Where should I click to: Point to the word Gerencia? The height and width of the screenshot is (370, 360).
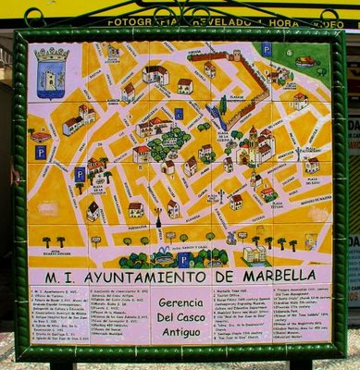(x=180, y=302)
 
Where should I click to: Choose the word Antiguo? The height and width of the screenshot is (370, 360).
(x=180, y=332)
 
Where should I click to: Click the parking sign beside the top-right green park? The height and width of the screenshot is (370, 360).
(x=267, y=49)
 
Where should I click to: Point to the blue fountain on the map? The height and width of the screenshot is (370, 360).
(x=162, y=253)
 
